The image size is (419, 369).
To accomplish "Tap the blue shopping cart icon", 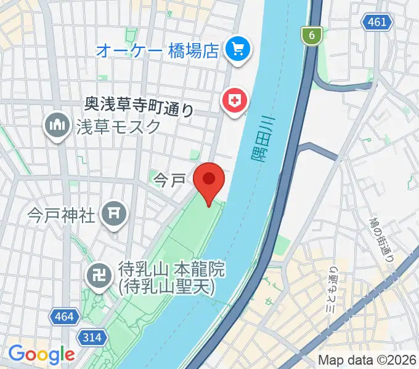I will point(237,49).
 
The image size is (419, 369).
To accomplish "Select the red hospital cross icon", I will point(235,100).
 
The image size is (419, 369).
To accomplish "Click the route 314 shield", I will point(93,336).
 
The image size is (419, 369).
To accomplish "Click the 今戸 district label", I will point(169,180).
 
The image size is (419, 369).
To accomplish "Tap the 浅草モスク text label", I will point(119,127).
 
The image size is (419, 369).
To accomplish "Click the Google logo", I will point(41,354).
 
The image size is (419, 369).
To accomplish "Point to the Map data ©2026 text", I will point(367,360).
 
